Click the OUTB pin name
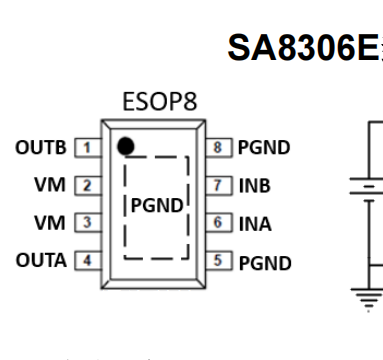[43, 147]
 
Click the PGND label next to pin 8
[263, 148]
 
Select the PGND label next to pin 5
[263, 263]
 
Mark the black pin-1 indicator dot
[124, 147]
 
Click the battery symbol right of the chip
[365, 188]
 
